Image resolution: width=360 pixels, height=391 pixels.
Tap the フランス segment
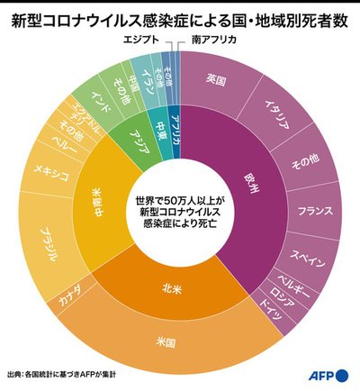(314, 212)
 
